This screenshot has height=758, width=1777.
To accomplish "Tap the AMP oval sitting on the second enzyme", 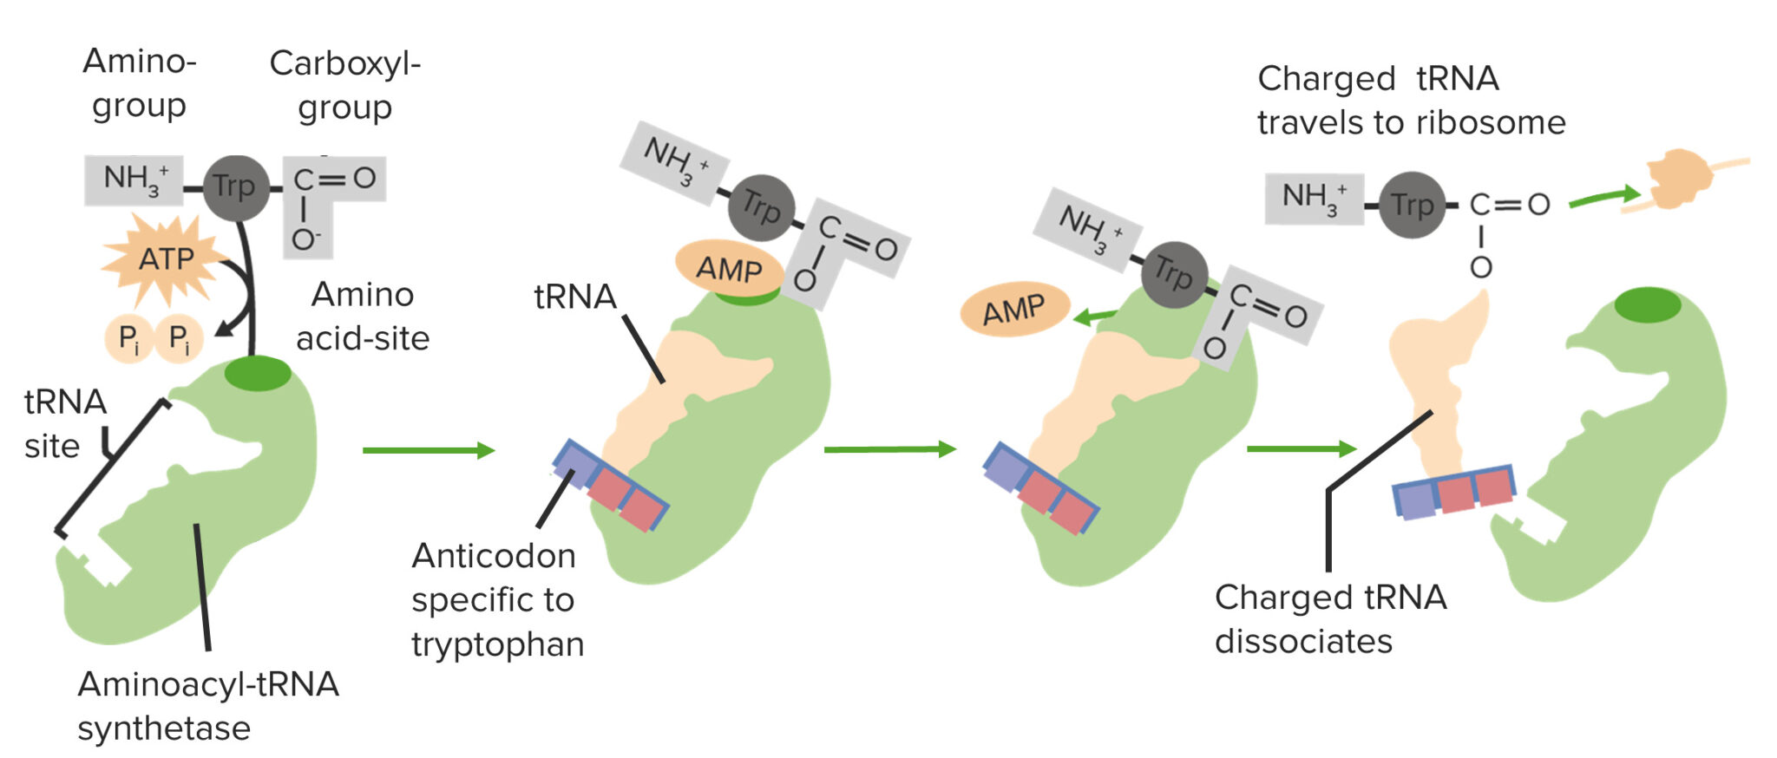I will pos(729,268).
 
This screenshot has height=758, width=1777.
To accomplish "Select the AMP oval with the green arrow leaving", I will pos(1014,309).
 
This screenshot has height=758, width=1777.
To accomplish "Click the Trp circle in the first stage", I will pos(234,186).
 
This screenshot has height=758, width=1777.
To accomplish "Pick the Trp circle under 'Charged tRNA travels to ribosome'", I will pos(1412,206).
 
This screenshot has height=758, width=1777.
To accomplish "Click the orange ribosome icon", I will pos(1679,180).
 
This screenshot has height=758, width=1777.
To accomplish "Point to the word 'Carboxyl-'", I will pos(344,63).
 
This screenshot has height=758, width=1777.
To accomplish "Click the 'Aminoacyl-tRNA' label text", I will pos(208,684).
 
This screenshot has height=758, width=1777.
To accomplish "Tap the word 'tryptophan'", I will pos(498,644).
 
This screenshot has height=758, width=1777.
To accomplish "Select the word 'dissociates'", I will pos(1303,642).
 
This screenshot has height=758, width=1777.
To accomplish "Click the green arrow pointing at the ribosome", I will pos(1604,197).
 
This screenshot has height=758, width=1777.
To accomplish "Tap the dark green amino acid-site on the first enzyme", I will pos(258,374).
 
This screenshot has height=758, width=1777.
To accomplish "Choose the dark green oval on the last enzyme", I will pos(1648,305).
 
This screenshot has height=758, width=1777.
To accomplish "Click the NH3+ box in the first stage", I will pos(134,180).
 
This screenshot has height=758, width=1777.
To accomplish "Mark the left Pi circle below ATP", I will pos(128,338).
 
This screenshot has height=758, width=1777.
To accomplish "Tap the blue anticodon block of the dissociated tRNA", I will pos(1415,501).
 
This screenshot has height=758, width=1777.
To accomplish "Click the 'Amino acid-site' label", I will pos(363,317).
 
